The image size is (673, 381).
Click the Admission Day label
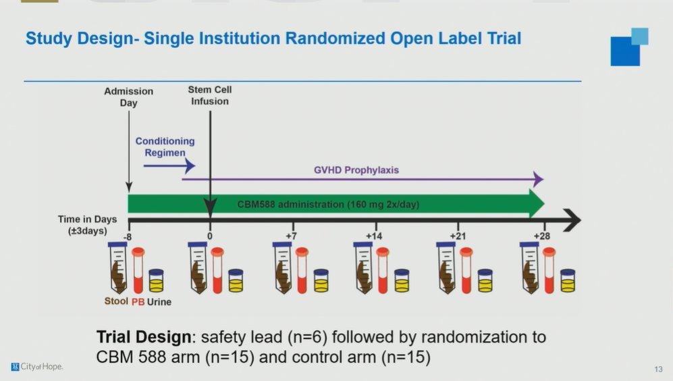tap(128, 97)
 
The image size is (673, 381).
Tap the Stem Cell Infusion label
tap(210, 95)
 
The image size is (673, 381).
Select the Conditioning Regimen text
tap(165, 147)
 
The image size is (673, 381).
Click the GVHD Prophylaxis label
tap(356, 170)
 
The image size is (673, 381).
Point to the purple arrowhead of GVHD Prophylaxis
tap(538, 179)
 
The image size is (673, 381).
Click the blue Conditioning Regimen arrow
tap(169, 166)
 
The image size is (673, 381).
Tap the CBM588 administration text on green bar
tap(328, 205)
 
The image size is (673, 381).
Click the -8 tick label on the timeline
tap(128, 236)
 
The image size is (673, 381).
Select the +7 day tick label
tap(292, 236)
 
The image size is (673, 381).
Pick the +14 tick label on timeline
tap(374, 236)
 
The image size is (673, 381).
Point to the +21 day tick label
tap(458, 236)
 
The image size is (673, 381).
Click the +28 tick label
tap(541, 236)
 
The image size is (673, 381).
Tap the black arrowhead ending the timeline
tap(572, 220)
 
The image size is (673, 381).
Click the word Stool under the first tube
tap(116, 301)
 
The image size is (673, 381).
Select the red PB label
tap(138, 302)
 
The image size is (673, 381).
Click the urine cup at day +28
tap(568, 280)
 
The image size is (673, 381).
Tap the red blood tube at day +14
tap(383, 270)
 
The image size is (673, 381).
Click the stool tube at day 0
tap(198, 268)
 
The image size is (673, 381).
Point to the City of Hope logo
tap(37, 367)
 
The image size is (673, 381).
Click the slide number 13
tap(658, 369)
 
